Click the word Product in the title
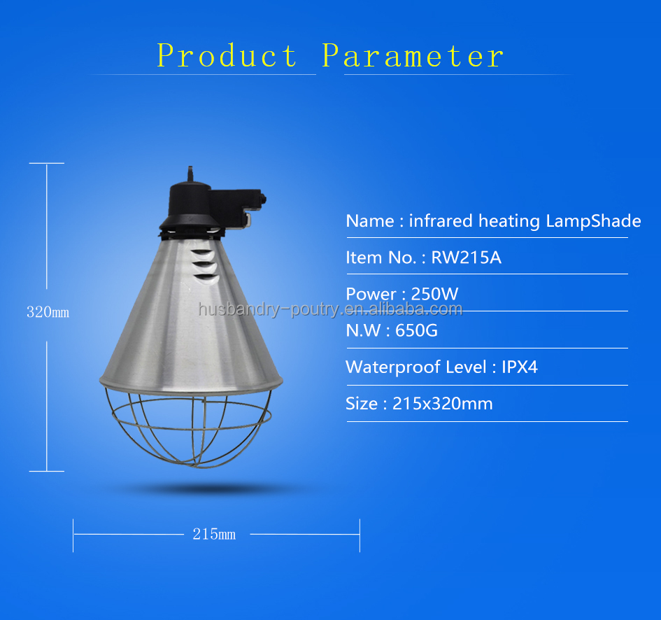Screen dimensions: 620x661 tap(227, 55)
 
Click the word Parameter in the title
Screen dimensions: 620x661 tap(413, 55)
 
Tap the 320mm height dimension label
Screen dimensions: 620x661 tap(48, 312)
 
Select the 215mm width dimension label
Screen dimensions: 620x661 tap(214, 535)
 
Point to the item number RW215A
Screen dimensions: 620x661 tap(466, 258)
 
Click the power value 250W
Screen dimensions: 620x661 tap(434, 294)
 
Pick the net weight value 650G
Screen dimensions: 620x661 tap(416, 330)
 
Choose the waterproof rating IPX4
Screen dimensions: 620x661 tap(520, 367)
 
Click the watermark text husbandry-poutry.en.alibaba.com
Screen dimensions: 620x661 tap(330, 309)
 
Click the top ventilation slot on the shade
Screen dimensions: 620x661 tap(201, 253)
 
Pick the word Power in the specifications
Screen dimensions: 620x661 tap(370, 294)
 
